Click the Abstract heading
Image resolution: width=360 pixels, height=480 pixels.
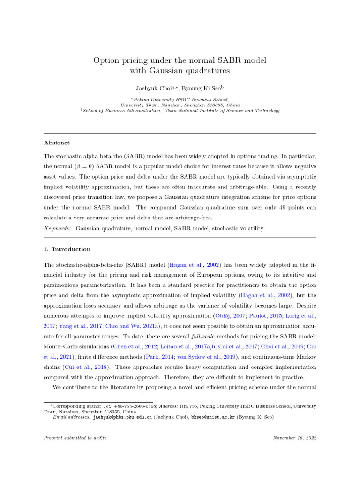[57, 142]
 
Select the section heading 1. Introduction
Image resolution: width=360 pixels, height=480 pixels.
[67, 249]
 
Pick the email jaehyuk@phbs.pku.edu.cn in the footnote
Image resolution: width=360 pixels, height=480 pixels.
[122, 417]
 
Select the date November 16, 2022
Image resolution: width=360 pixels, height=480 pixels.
[294, 438]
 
